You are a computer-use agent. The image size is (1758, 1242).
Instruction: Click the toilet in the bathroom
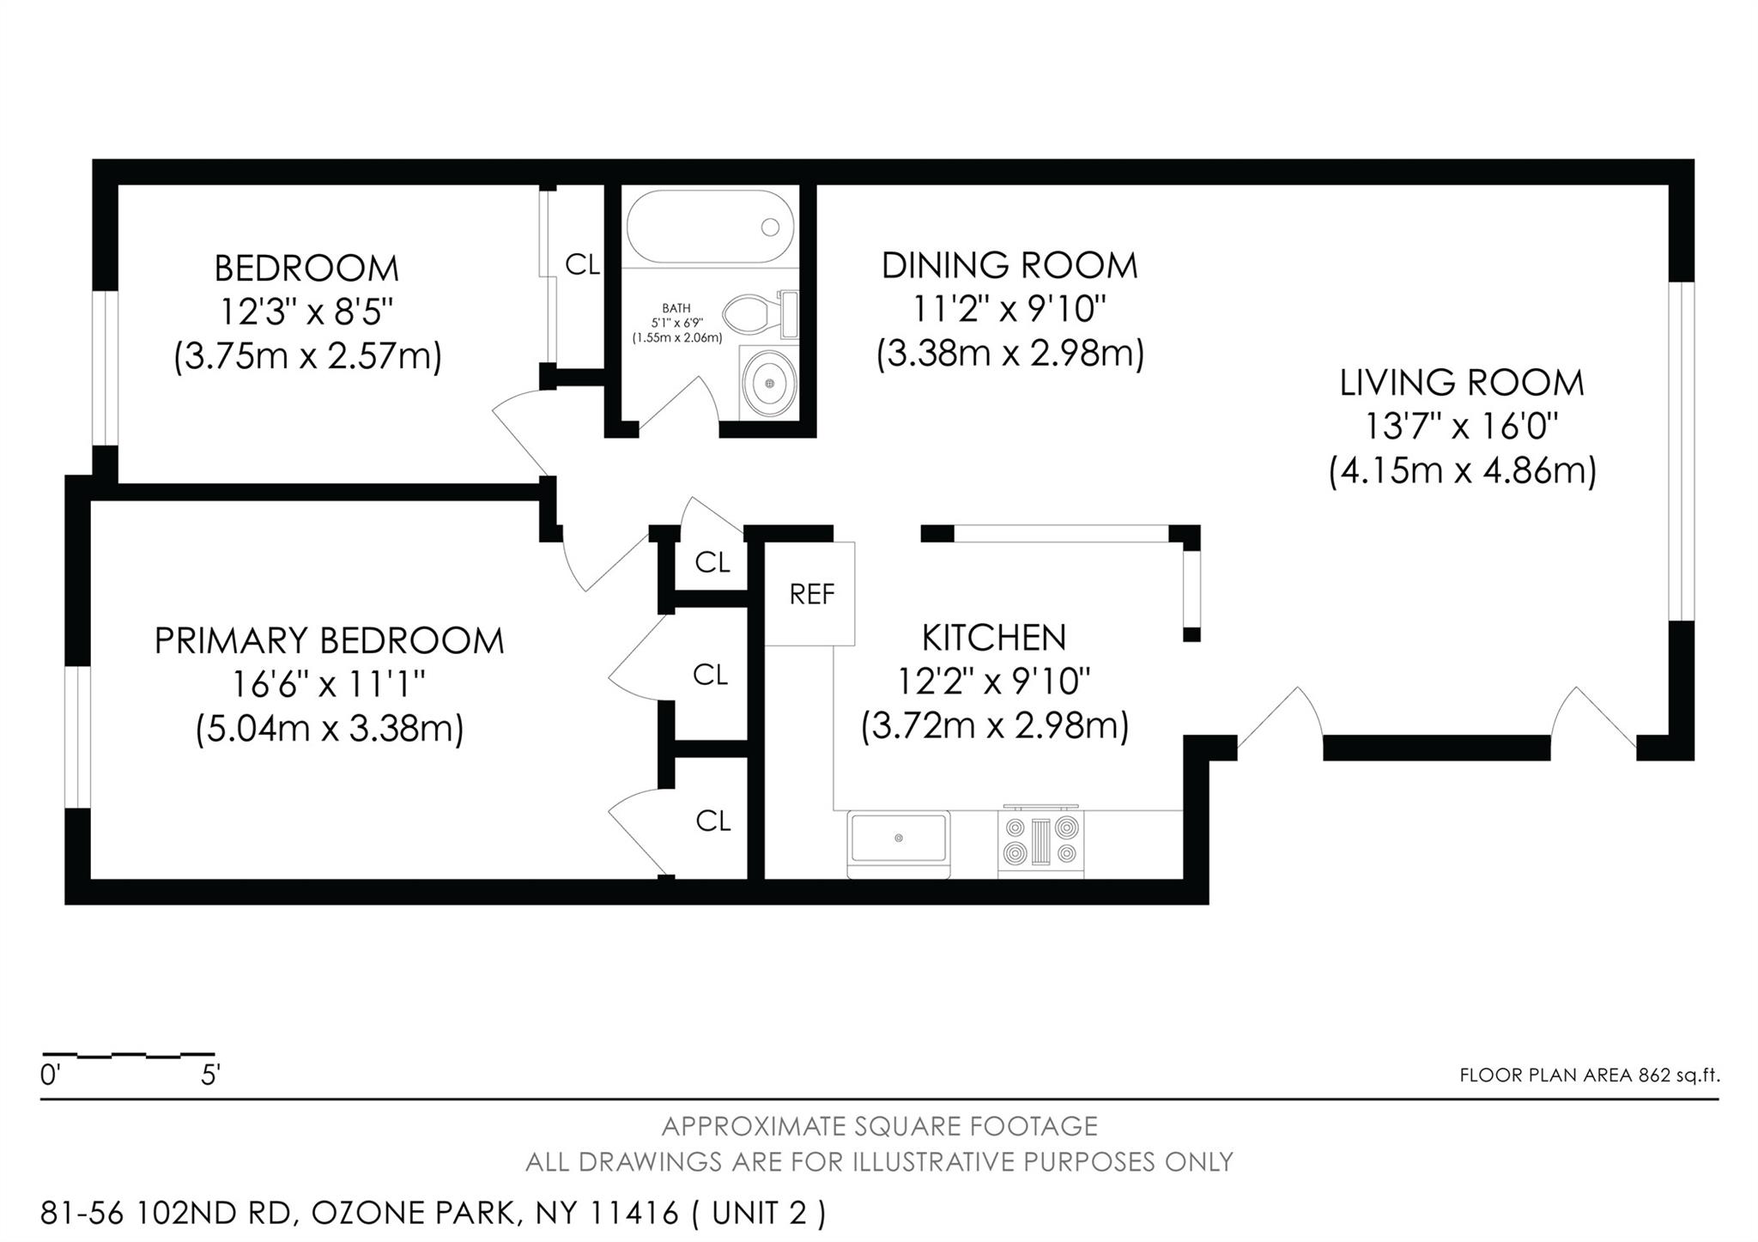pos(761,314)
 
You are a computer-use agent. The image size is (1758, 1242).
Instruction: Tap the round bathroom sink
pos(768,382)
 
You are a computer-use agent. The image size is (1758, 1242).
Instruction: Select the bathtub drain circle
pos(770,227)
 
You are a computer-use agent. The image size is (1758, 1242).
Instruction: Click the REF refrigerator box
pos(810,593)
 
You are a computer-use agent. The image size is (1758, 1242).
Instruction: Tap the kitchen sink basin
pos(899,839)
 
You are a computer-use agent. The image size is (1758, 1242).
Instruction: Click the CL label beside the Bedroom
pos(582,265)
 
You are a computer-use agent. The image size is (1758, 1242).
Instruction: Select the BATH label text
pos(676,308)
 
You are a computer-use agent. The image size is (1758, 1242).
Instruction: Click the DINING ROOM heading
pos(1009,265)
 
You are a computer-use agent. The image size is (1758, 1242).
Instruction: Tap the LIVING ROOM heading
pos(1462,383)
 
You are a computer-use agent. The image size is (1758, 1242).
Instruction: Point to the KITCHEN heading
pos(994,638)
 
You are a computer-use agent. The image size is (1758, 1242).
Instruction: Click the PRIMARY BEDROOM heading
pos(330,641)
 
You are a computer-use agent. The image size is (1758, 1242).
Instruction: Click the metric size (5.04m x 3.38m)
pos(330,730)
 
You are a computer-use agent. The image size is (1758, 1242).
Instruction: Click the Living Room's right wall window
pos(1682,451)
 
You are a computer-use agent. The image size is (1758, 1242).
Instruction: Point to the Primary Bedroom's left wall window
pos(78,736)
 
